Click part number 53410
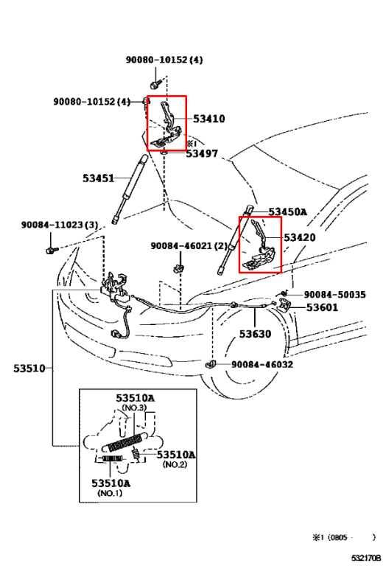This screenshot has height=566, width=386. point(209,119)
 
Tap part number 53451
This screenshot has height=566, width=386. point(98,178)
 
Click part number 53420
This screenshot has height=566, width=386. point(300,238)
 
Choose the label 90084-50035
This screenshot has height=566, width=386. point(334,294)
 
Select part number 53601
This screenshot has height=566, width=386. point(322,307)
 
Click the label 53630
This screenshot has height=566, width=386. point(255,334)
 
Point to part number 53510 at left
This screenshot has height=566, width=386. point(29,368)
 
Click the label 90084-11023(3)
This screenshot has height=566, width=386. point(49,225)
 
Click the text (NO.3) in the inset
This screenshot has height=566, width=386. point(135,408)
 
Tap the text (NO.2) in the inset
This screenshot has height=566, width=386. point(174,465)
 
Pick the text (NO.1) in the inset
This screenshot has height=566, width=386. point(110,493)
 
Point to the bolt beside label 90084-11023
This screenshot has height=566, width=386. point(51,249)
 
